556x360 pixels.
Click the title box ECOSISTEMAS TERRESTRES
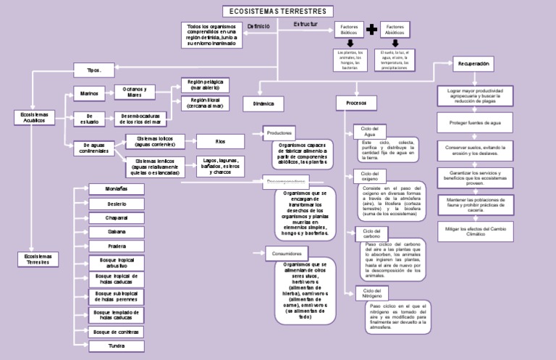[278, 12]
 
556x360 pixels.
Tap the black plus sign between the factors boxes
[372, 30]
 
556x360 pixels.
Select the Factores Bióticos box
[349, 30]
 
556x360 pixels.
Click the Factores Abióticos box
[395, 30]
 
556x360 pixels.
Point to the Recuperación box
[473, 64]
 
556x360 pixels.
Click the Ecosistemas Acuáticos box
[35, 118]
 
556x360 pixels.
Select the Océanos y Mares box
[135, 92]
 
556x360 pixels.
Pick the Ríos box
[221, 141]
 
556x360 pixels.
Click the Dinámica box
[264, 104]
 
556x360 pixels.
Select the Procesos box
[356, 104]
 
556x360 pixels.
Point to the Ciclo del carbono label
[371, 233]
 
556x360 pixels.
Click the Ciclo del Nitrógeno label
[371, 293]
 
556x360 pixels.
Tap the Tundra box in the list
[117, 346]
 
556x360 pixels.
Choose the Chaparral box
[117, 217]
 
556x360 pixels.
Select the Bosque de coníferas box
[117, 331]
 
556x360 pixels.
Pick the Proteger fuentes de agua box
[475, 124]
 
